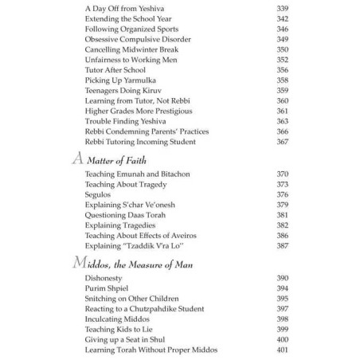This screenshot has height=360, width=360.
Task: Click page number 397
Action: pos(281,309)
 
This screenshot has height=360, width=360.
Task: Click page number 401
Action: pos(281,350)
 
